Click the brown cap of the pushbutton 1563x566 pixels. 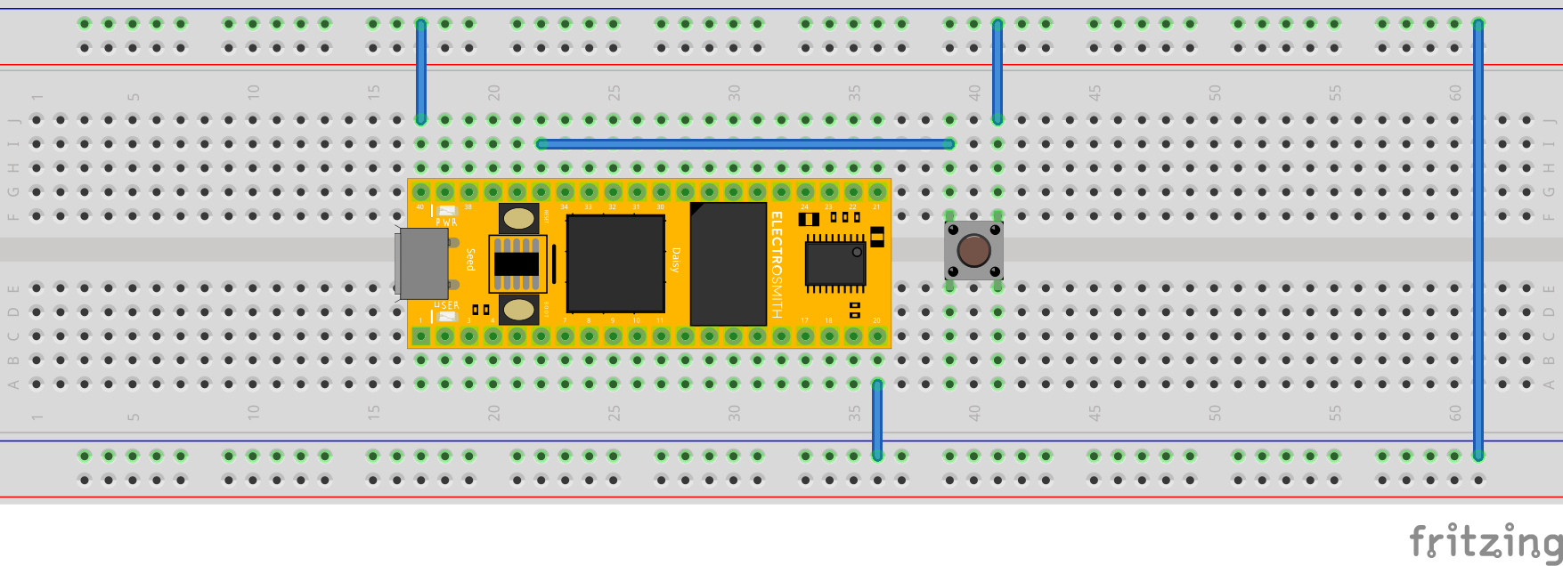[x=973, y=250]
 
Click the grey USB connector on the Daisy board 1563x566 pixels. [x=422, y=263]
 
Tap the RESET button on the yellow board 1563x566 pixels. [x=518, y=217]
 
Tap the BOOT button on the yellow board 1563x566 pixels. [x=518, y=310]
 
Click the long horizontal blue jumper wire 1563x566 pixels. [x=745, y=143]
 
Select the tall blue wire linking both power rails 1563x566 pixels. [x=1478, y=240]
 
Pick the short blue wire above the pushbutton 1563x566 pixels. [x=997, y=71]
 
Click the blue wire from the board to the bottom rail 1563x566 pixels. [x=877, y=419]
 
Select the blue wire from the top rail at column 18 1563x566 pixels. [x=421, y=71]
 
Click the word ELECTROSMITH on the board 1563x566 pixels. [x=777, y=264]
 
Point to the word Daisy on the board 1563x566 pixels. [x=676, y=260]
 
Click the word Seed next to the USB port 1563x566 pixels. [x=470, y=260]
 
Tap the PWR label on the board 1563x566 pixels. [x=446, y=222]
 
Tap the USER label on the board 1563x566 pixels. [x=446, y=305]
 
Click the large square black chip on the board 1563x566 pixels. [x=615, y=263]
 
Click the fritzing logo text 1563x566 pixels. [x=1485, y=540]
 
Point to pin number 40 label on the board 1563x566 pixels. [x=420, y=207]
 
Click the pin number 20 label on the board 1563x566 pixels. [x=876, y=320]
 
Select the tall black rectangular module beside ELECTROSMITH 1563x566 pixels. [x=729, y=264]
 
